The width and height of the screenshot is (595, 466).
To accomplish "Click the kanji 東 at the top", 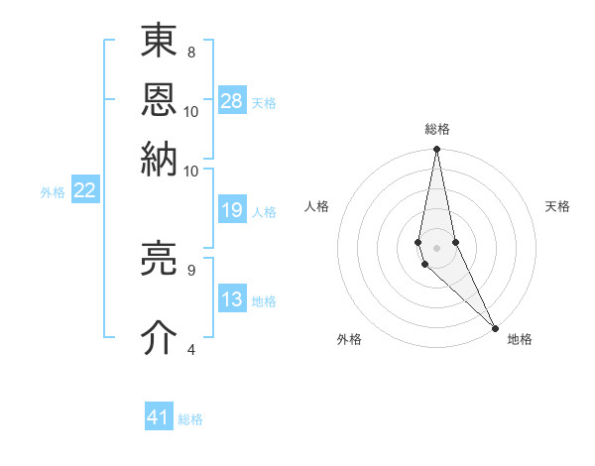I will pos(160,42).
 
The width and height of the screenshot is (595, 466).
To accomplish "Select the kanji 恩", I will pos(160,100).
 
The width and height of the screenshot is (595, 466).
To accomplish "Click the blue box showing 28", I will pos(232,101).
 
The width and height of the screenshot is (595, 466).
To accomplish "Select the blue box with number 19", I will pos(232,210).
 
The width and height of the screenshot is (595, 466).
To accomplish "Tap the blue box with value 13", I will pos(232,299).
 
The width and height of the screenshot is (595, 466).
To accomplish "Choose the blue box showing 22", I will pos(84,190).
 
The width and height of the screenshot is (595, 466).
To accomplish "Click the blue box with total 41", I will pos(159,417).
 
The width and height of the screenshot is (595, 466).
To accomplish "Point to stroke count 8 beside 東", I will pos(191,52).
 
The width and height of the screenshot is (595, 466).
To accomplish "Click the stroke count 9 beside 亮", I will pos(191,269).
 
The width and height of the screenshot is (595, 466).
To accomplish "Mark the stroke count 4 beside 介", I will pos(191,349).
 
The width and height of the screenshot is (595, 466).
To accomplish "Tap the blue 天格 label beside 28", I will pos(264,102).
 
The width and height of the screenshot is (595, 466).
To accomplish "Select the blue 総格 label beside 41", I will pos(190,419).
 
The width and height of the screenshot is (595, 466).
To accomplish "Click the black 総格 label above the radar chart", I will pos(437,129).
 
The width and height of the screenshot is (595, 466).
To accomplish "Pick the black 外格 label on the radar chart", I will pos(349,339).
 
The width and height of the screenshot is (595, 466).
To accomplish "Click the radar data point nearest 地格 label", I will pos(495,326).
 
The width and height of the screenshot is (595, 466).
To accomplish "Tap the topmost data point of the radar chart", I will pos(437,150).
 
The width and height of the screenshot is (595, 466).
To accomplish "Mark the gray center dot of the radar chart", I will pos(437,247).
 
